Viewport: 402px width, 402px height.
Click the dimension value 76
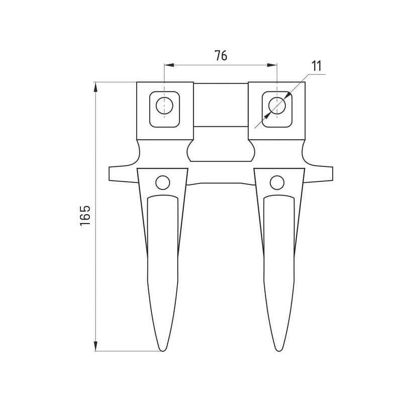click(221, 55)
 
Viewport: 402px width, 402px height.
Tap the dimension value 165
click(85, 216)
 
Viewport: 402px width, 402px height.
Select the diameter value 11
click(317, 66)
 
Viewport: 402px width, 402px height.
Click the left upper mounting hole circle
click(164, 106)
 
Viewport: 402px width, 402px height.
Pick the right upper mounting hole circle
click(277, 106)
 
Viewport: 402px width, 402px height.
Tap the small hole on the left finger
click(162, 182)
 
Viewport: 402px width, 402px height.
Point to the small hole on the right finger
click(277, 182)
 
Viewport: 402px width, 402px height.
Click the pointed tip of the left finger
click(162, 351)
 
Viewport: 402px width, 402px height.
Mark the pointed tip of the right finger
click(278, 351)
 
